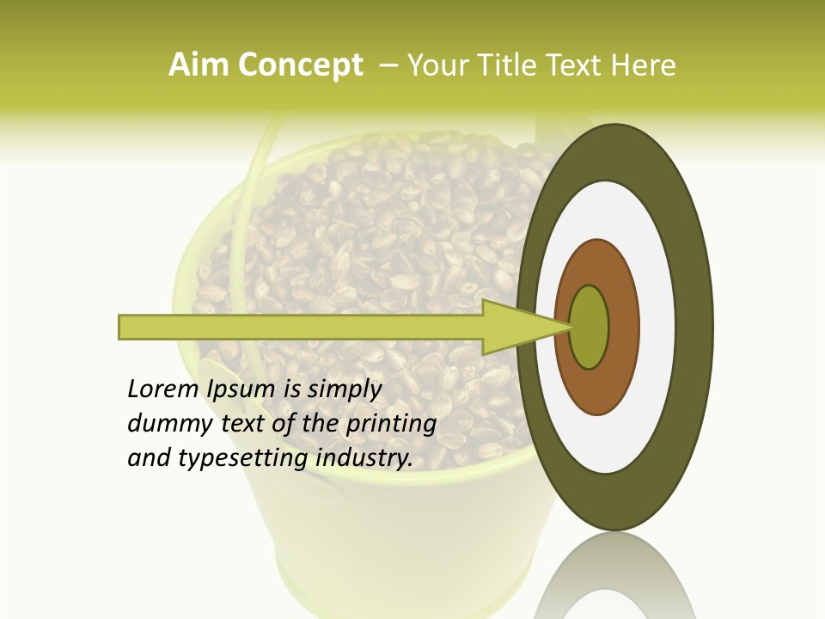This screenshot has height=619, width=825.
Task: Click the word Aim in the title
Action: [199, 65]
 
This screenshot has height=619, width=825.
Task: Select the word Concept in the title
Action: [301, 65]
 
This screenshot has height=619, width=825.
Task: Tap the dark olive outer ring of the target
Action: [694, 328]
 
